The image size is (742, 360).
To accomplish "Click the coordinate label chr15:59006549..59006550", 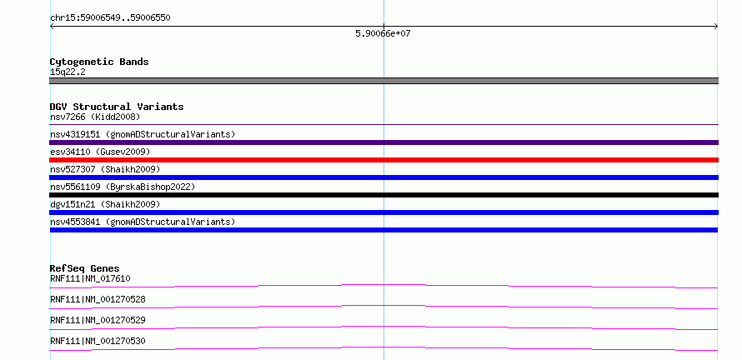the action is (x=110, y=18).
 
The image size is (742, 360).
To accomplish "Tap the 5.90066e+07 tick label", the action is (x=383, y=33).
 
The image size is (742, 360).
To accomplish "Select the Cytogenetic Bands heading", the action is (x=99, y=62).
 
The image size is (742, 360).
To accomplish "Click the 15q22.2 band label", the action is (x=68, y=72).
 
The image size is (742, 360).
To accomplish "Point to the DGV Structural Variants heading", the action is (x=117, y=107).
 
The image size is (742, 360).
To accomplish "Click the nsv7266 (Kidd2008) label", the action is (x=95, y=117).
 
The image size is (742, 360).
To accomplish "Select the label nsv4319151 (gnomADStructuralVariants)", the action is (x=143, y=134).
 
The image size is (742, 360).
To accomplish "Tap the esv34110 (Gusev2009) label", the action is (x=100, y=152).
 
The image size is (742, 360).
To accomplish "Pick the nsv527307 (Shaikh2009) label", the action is (x=105, y=169).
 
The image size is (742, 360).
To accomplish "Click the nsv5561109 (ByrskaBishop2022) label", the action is (x=123, y=187).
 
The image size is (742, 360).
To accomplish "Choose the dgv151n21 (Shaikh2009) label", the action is (x=105, y=204).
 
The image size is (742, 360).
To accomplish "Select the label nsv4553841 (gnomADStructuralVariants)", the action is (x=143, y=222).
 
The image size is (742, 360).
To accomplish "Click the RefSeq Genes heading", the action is (x=85, y=268).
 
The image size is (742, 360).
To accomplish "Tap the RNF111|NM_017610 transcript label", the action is (x=90, y=278).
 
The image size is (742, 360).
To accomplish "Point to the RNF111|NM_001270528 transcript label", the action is (x=98, y=299).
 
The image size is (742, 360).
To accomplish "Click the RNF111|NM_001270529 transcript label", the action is (x=98, y=320).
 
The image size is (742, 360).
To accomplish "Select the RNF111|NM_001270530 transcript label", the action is (x=98, y=341).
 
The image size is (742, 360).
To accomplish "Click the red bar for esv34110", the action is (x=384, y=160).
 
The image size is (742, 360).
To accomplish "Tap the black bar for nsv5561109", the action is (x=384, y=195).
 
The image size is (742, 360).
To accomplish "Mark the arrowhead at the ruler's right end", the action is (x=717, y=27).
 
